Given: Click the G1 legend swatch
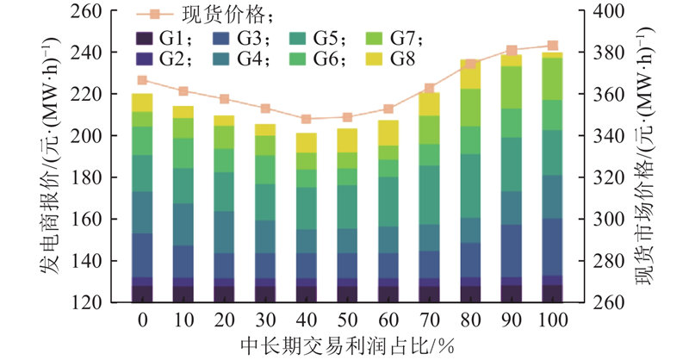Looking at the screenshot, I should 144,39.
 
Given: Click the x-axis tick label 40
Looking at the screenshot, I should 307,320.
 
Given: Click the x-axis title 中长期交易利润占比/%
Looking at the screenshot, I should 344,344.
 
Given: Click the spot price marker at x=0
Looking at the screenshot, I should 142,80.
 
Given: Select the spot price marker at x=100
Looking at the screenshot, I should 552,46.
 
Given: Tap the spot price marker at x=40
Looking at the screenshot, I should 307,119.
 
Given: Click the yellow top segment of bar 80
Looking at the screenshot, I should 470,74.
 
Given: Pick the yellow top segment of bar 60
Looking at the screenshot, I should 388,133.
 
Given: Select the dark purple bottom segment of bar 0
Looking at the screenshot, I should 142,294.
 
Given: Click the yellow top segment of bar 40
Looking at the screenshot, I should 307,143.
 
